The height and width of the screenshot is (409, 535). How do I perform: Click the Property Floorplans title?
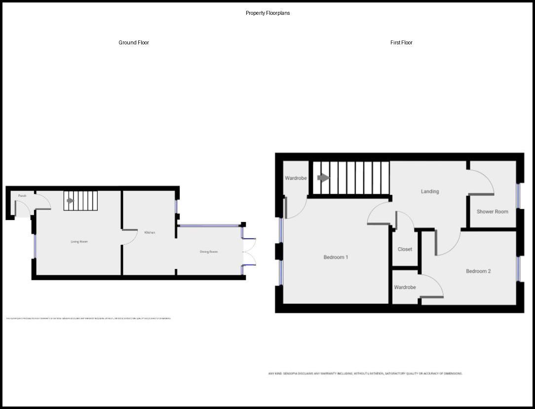coord(267,13)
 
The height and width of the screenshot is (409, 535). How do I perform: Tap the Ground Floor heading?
coord(134,43)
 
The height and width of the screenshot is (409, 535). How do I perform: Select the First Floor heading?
coord(401,43)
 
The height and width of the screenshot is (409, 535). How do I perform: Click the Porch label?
coord(22,196)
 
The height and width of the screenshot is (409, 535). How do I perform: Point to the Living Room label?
coord(79,242)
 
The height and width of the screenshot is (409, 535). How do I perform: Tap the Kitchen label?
coord(150,232)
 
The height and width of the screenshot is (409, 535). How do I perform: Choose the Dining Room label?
coord(209,252)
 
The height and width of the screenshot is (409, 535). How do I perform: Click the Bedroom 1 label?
coord(336,257)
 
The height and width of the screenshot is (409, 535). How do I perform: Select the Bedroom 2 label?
coord(478,271)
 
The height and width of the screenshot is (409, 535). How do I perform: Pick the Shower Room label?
coord(492,212)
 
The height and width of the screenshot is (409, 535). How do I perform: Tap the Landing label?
coord(430,191)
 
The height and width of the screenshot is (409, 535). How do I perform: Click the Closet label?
coord(405,249)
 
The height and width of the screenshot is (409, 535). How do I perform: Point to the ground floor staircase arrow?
coord(70,201)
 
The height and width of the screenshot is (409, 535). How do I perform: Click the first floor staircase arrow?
coord(323,178)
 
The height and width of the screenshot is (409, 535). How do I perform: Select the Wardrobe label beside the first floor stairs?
coord(296,178)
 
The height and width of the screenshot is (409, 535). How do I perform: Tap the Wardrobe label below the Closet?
coord(405,287)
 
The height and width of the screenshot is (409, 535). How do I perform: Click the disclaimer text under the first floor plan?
coord(365,373)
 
